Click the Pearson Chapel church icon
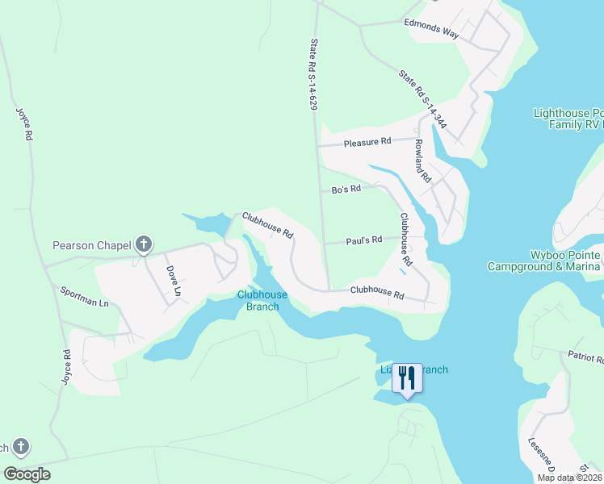tap(144, 244)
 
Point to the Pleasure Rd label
tap(367, 142)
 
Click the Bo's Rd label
tap(346, 190)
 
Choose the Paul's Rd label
tap(363, 240)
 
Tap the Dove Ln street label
tap(173, 280)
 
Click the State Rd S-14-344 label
tap(422, 99)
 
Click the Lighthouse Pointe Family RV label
tap(568, 119)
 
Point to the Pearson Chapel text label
tap(92, 245)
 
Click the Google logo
tap(27, 474)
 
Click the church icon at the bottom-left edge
tap(21, 446)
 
